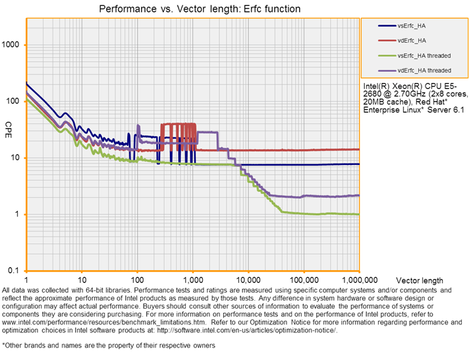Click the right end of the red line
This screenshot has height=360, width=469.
click(358, 150)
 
